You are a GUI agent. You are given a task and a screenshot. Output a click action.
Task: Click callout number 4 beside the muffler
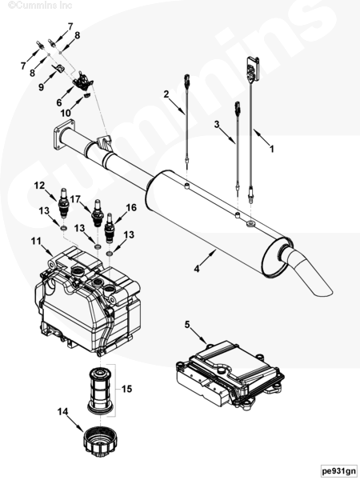197,269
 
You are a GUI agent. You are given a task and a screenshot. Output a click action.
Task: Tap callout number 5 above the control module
187,325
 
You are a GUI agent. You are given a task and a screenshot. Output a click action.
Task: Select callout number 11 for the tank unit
36,242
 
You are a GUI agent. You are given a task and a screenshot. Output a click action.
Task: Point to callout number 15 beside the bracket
126,389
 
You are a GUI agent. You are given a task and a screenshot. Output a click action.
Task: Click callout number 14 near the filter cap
62,411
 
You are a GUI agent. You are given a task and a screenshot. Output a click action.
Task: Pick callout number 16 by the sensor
131,207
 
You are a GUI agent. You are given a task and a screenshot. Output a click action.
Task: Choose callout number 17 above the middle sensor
75,199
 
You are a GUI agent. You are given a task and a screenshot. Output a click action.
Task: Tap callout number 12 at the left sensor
39,186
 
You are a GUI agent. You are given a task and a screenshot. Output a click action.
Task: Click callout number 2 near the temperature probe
166,94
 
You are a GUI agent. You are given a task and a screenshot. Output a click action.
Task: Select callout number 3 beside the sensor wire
217,124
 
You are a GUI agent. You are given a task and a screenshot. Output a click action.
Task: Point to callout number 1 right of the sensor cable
271,149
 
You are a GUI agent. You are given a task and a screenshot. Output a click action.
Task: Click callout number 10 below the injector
66,114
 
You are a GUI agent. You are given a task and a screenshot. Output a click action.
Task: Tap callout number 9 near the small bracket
42,87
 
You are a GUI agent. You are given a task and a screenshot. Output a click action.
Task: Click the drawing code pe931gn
339,470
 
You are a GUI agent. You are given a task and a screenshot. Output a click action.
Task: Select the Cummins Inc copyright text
40,6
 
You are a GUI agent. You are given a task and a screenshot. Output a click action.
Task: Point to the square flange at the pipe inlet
64,134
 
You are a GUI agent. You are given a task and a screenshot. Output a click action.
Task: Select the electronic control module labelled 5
230,374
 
